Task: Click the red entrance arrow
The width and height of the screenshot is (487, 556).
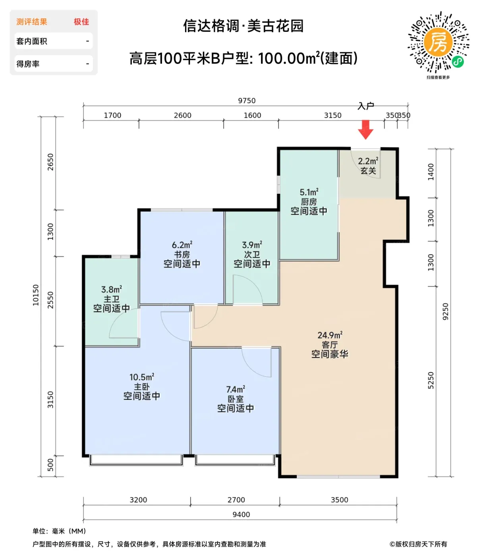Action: pyautogui.click(x=365, y=129)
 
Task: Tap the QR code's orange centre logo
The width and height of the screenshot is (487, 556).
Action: pyautogui.click(x=438, y=42)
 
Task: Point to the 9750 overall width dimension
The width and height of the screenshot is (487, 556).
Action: pyautogui.click(x=247, y=100)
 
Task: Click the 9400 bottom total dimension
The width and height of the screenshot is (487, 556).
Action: pyautogui.click(x=241, y=514)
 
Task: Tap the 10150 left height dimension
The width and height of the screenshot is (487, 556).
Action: pyautogui.click(x=36, y=295)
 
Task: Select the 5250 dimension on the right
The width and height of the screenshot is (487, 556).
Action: pyautogui.click(x=431, y=380)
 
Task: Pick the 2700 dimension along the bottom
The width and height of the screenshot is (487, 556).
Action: pyautogui.click(x=236, y=500)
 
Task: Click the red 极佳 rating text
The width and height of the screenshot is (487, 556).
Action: pyautogui.click(x=81, y=22)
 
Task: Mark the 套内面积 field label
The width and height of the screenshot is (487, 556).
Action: pyautogui.click(x=32, y=41)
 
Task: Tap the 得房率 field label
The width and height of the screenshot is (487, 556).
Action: pyautogui.click(x=28, y=64)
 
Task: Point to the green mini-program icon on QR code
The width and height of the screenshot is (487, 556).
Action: pyautogui.click(x=458, y=62)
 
